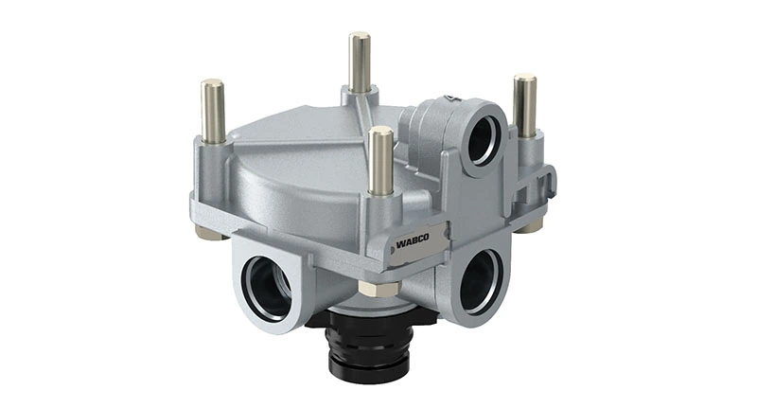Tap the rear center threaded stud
point(361,64)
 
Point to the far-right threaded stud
point(524,107)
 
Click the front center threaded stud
point(382,163)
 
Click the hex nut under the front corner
point(380,288)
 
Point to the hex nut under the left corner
point(211,232)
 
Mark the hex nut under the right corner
point(531,224)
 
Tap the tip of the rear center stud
point(361,37)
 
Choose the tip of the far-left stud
point(213,84)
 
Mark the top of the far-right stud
point(525,79)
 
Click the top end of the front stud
point(382,132)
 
